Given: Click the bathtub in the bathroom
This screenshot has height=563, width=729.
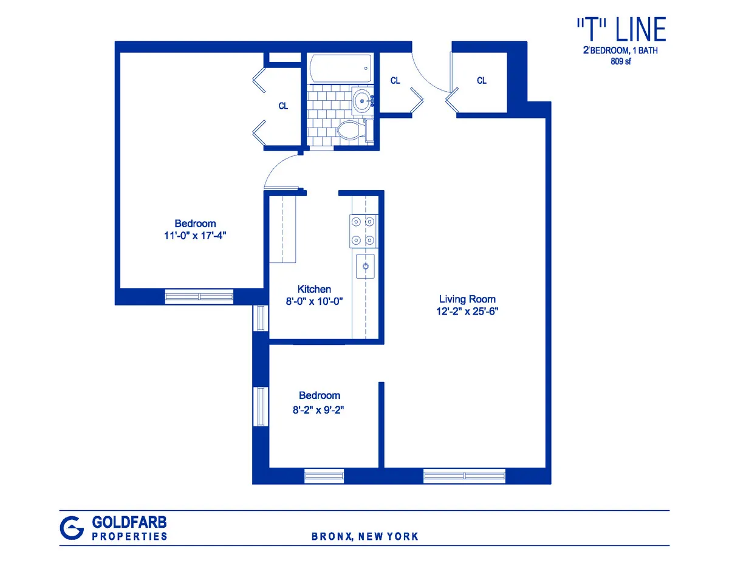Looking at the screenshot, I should click(340, 69).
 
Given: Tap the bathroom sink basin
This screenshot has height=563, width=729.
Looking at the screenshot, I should click(362, 100).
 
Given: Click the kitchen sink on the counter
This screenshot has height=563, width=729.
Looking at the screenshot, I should click(366, 265).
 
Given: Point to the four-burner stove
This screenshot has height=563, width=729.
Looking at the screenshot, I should click(363, 231).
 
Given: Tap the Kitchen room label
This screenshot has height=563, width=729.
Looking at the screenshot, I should click(314, 289).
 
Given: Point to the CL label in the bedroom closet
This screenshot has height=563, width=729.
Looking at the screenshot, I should click(283, 106).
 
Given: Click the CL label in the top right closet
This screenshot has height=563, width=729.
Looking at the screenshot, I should click(482, 80).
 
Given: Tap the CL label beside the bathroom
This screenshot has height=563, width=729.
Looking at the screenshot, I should click(395, 80).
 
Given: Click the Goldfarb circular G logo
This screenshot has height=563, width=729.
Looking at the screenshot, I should click(72, 527).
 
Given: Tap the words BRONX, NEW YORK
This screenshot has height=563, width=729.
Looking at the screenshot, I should click(364, 536).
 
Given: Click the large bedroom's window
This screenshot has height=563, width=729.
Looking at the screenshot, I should click(199, 296).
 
